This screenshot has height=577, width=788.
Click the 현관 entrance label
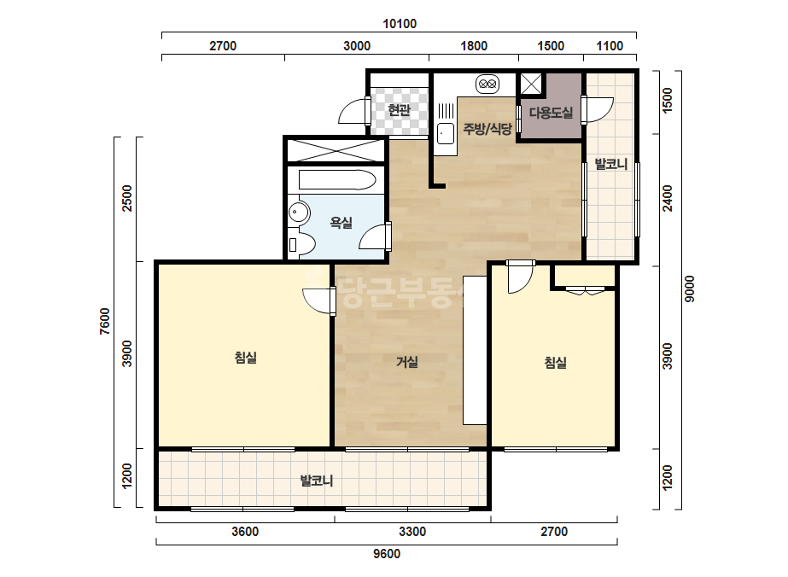tap(400, 110)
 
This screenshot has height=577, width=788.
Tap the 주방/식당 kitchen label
tap(487, 129)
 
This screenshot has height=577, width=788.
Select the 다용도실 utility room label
tap(551, 113)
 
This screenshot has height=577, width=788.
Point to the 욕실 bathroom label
tap(341, 222)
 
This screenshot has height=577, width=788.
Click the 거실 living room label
tap(407, 361)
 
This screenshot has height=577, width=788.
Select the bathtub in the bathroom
tap(337, 180)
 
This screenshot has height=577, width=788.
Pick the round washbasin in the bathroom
tap(299, 213)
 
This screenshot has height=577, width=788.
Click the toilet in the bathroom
tap(301, 245)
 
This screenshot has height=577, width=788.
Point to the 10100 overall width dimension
tap(400, 24)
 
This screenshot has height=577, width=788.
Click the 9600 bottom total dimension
tap(387, 554)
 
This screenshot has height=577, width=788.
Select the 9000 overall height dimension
tap(690, 289)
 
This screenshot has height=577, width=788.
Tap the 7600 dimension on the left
tap(104, 321)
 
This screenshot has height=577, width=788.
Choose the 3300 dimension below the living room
tap(412, 532)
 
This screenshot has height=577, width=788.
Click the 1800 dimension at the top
tap(474, 46)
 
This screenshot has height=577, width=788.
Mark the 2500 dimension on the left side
tap(127, 199)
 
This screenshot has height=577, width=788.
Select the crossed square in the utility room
tap(531, 84)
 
